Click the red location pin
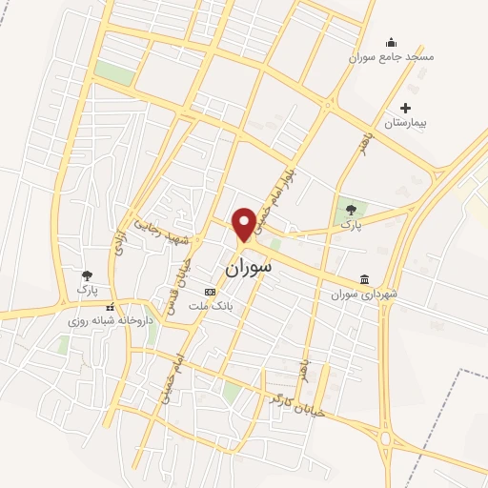point(243,222)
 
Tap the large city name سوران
point(249,268)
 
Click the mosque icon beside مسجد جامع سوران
point(391,42)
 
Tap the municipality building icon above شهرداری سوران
point(365,279)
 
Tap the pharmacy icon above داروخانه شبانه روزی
point(111,307)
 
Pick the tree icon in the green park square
point(351,209)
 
